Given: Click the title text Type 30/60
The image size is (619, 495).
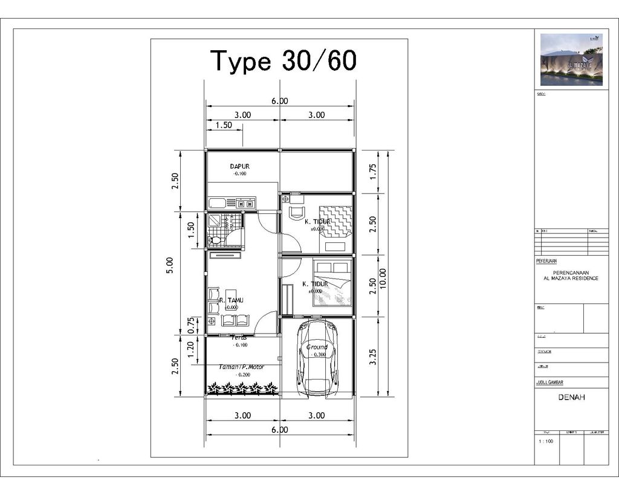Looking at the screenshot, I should point(283,61).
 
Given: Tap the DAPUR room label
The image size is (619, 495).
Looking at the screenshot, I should point(239,166).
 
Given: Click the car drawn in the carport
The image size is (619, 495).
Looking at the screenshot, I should point(317,357).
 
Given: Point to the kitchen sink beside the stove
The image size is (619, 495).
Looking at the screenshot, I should point(217,204).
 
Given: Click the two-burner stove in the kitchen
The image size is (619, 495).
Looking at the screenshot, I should point(245,204).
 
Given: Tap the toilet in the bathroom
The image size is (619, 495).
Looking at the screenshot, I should point(215,240).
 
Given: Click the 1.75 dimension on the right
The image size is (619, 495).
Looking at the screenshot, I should point(373,172).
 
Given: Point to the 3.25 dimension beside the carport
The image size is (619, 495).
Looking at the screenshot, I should point(373,357).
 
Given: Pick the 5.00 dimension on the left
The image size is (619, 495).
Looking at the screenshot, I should point(170,266).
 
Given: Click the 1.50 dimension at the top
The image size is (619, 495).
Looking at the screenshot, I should point(224,125).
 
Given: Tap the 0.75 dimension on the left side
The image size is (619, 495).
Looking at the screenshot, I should point(191,325).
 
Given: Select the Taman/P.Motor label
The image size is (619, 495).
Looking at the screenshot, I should point(242,367).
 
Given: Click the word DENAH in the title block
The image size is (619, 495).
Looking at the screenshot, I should point(571,398).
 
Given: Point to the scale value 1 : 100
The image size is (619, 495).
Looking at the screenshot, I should point(546,442).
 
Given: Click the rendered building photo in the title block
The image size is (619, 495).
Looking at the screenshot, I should point(571,59).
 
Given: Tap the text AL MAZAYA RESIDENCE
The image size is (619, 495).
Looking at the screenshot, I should point(571,279).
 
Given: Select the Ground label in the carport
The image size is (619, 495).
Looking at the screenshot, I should point(317,347).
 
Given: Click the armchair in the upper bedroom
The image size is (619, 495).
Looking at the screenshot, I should point(296,213).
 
